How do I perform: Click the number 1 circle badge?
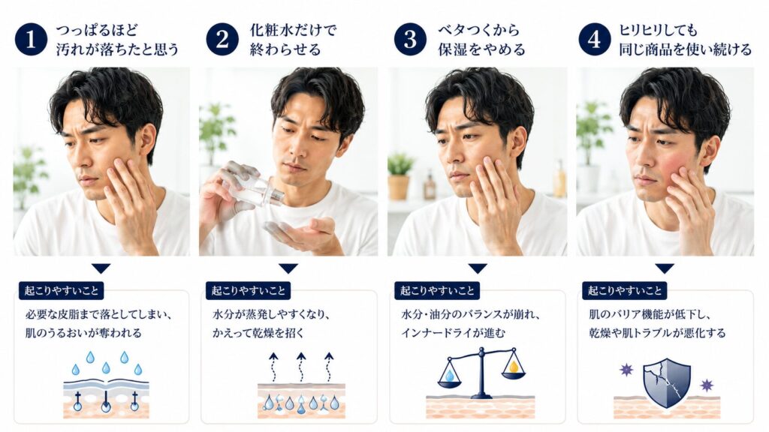[31, 39]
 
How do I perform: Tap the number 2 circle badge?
[222, 39]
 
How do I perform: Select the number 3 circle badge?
[410, 39]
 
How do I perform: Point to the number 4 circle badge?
[595, 39]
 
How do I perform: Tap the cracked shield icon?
[667, 383]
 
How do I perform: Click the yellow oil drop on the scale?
[514, 366]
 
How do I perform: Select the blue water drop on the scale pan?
[450, 376]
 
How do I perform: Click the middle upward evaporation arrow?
[301, 367]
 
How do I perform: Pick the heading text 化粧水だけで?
[293, 30]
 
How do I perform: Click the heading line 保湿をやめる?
[481, 49]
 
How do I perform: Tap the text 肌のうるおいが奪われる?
[83, 333]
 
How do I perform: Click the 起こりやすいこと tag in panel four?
[624, 291]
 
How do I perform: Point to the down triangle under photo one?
[101, 268]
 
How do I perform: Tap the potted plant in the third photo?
[400, 176]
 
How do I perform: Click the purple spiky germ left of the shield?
[626, 370]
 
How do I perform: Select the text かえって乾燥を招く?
[258, 333]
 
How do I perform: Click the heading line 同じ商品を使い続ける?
[685, 49]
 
